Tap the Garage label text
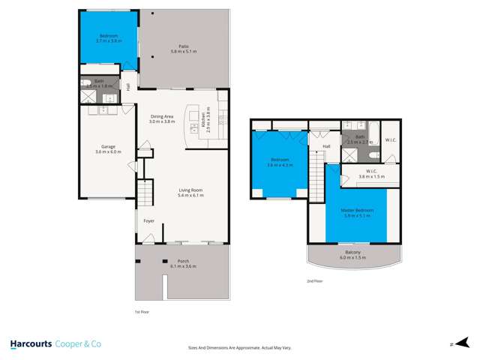pos(108,146)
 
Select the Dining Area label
pos(162,116)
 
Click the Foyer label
pos(149,220)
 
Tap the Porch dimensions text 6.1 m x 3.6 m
pos(183,267)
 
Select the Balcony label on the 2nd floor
pos(352,253)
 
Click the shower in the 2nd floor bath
pos(349,154)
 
